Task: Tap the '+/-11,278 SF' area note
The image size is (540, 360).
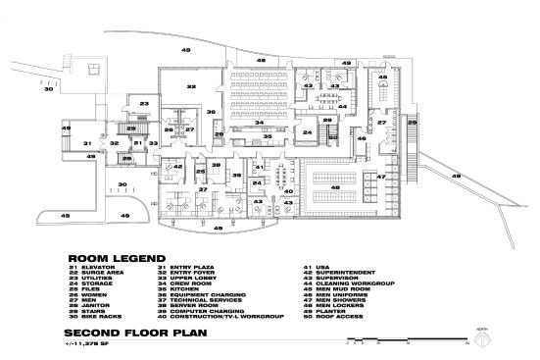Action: [86, 342]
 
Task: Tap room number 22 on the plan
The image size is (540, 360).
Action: [192, 87]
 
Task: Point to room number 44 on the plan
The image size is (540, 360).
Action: [341, 106]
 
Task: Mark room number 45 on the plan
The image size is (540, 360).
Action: [384, 77]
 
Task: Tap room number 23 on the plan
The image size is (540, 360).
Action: [143, 102]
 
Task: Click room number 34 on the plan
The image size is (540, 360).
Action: [261, 123]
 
